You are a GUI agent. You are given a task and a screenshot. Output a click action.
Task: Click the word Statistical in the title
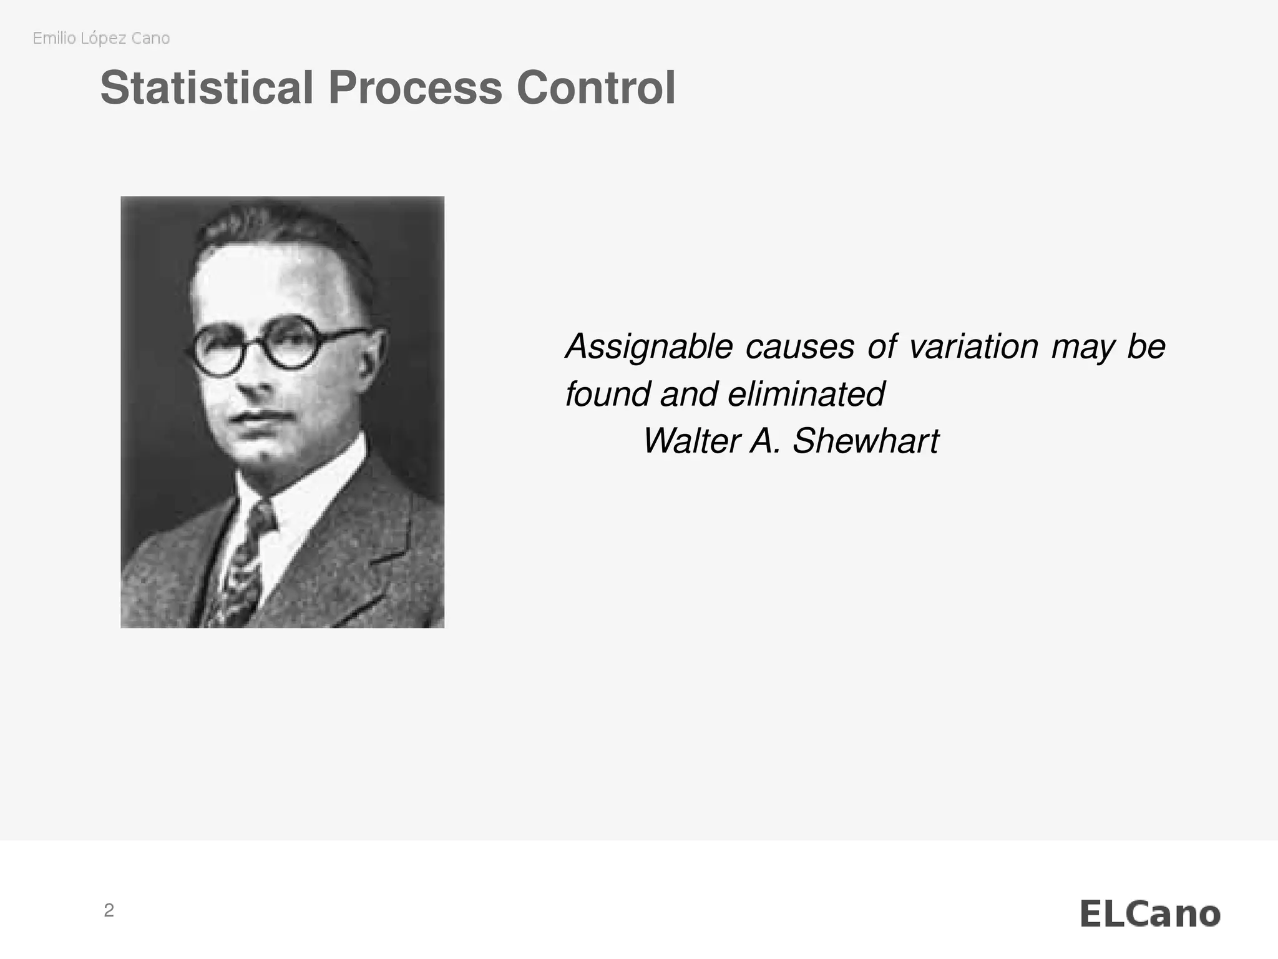[206, 88]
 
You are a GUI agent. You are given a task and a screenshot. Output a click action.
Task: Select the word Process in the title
[415, 88]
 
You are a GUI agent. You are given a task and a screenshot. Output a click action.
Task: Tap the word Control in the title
[596, 88]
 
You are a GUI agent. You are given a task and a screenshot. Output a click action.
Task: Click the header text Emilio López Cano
[101, 39]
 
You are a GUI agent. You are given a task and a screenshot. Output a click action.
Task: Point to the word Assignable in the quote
[649, 347]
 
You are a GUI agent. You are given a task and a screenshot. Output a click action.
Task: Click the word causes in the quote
[800, 347]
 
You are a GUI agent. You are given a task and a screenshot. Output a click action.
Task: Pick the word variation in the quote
[973, 347]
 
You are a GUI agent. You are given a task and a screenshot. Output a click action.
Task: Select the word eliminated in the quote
[806, 395]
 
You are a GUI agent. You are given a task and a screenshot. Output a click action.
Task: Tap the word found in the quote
[607, 395]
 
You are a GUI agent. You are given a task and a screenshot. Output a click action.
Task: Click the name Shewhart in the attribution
[866, 441]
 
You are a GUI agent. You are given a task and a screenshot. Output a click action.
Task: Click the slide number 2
[109, 911]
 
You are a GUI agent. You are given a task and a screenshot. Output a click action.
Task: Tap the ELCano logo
[1149, 915]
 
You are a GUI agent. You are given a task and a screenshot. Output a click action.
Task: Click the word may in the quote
[1083, 347]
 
